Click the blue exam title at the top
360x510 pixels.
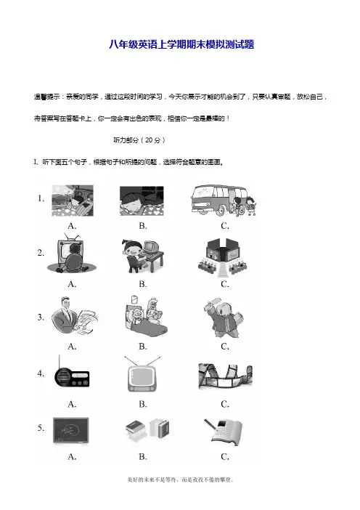click(x=181, y=44)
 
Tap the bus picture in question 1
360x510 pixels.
click(x=224, y=201)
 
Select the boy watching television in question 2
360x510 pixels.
click(x=72, y=253)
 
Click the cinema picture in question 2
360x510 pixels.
click(x=222, y=258)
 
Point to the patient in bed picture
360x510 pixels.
click(x=146, y=317)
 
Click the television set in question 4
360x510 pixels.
click(x=142, y=374)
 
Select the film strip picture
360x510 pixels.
click(x=226, y=376)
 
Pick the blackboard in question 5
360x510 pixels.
click(x=71, y=431)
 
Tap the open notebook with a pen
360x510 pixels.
click(x=224, y=432)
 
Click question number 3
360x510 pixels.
click(x=41, y=317)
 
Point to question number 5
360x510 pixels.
click(x=41, y=428)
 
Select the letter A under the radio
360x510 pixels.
click(x=72, y=404)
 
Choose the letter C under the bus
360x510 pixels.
click(x=225, y=226)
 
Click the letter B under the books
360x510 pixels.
click(x=143, y=457)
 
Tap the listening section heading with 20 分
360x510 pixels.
click(x=139, y=140)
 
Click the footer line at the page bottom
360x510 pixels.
click(x=180, y=479)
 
